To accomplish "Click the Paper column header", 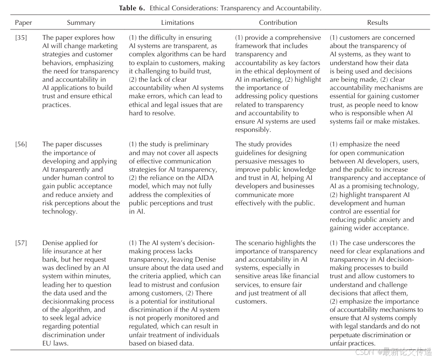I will pyautogui.click(x=23, y=23).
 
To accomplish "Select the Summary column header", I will pyautogui.click(x=81, y=23).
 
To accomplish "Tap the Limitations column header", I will pyautogui.click(x=178, y=23).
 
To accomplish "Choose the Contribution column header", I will pyautogui.click(x=278, y=23).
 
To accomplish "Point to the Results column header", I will pyautogui.click(x=377, y=23).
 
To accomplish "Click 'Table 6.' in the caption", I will pyautogui.click(x=134, y=8).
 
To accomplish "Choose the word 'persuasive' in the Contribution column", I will pyautogui.click(x=252, y=161).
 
